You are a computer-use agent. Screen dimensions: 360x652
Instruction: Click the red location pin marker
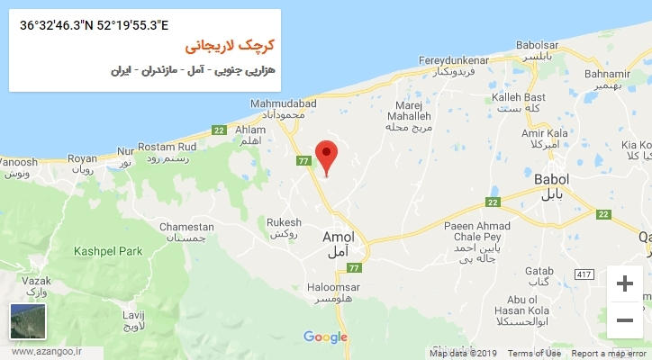point(327,157)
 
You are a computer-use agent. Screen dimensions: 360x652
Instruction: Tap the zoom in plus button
point(624,284)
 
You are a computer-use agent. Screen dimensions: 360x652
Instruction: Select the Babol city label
point(550,184)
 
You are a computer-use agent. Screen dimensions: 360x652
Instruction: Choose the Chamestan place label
point(186,232)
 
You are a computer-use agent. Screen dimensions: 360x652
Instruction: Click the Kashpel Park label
point(109,251)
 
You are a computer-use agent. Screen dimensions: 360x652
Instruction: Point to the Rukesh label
point(284,227)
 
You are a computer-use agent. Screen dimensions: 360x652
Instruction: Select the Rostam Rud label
point(167,152)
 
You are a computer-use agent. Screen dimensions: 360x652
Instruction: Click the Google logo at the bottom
point(325,337)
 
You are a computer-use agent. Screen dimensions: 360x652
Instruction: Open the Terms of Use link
point(533,354)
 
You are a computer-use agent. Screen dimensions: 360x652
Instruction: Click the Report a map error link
point(610,354)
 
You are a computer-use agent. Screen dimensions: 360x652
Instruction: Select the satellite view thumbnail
point(27,321)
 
